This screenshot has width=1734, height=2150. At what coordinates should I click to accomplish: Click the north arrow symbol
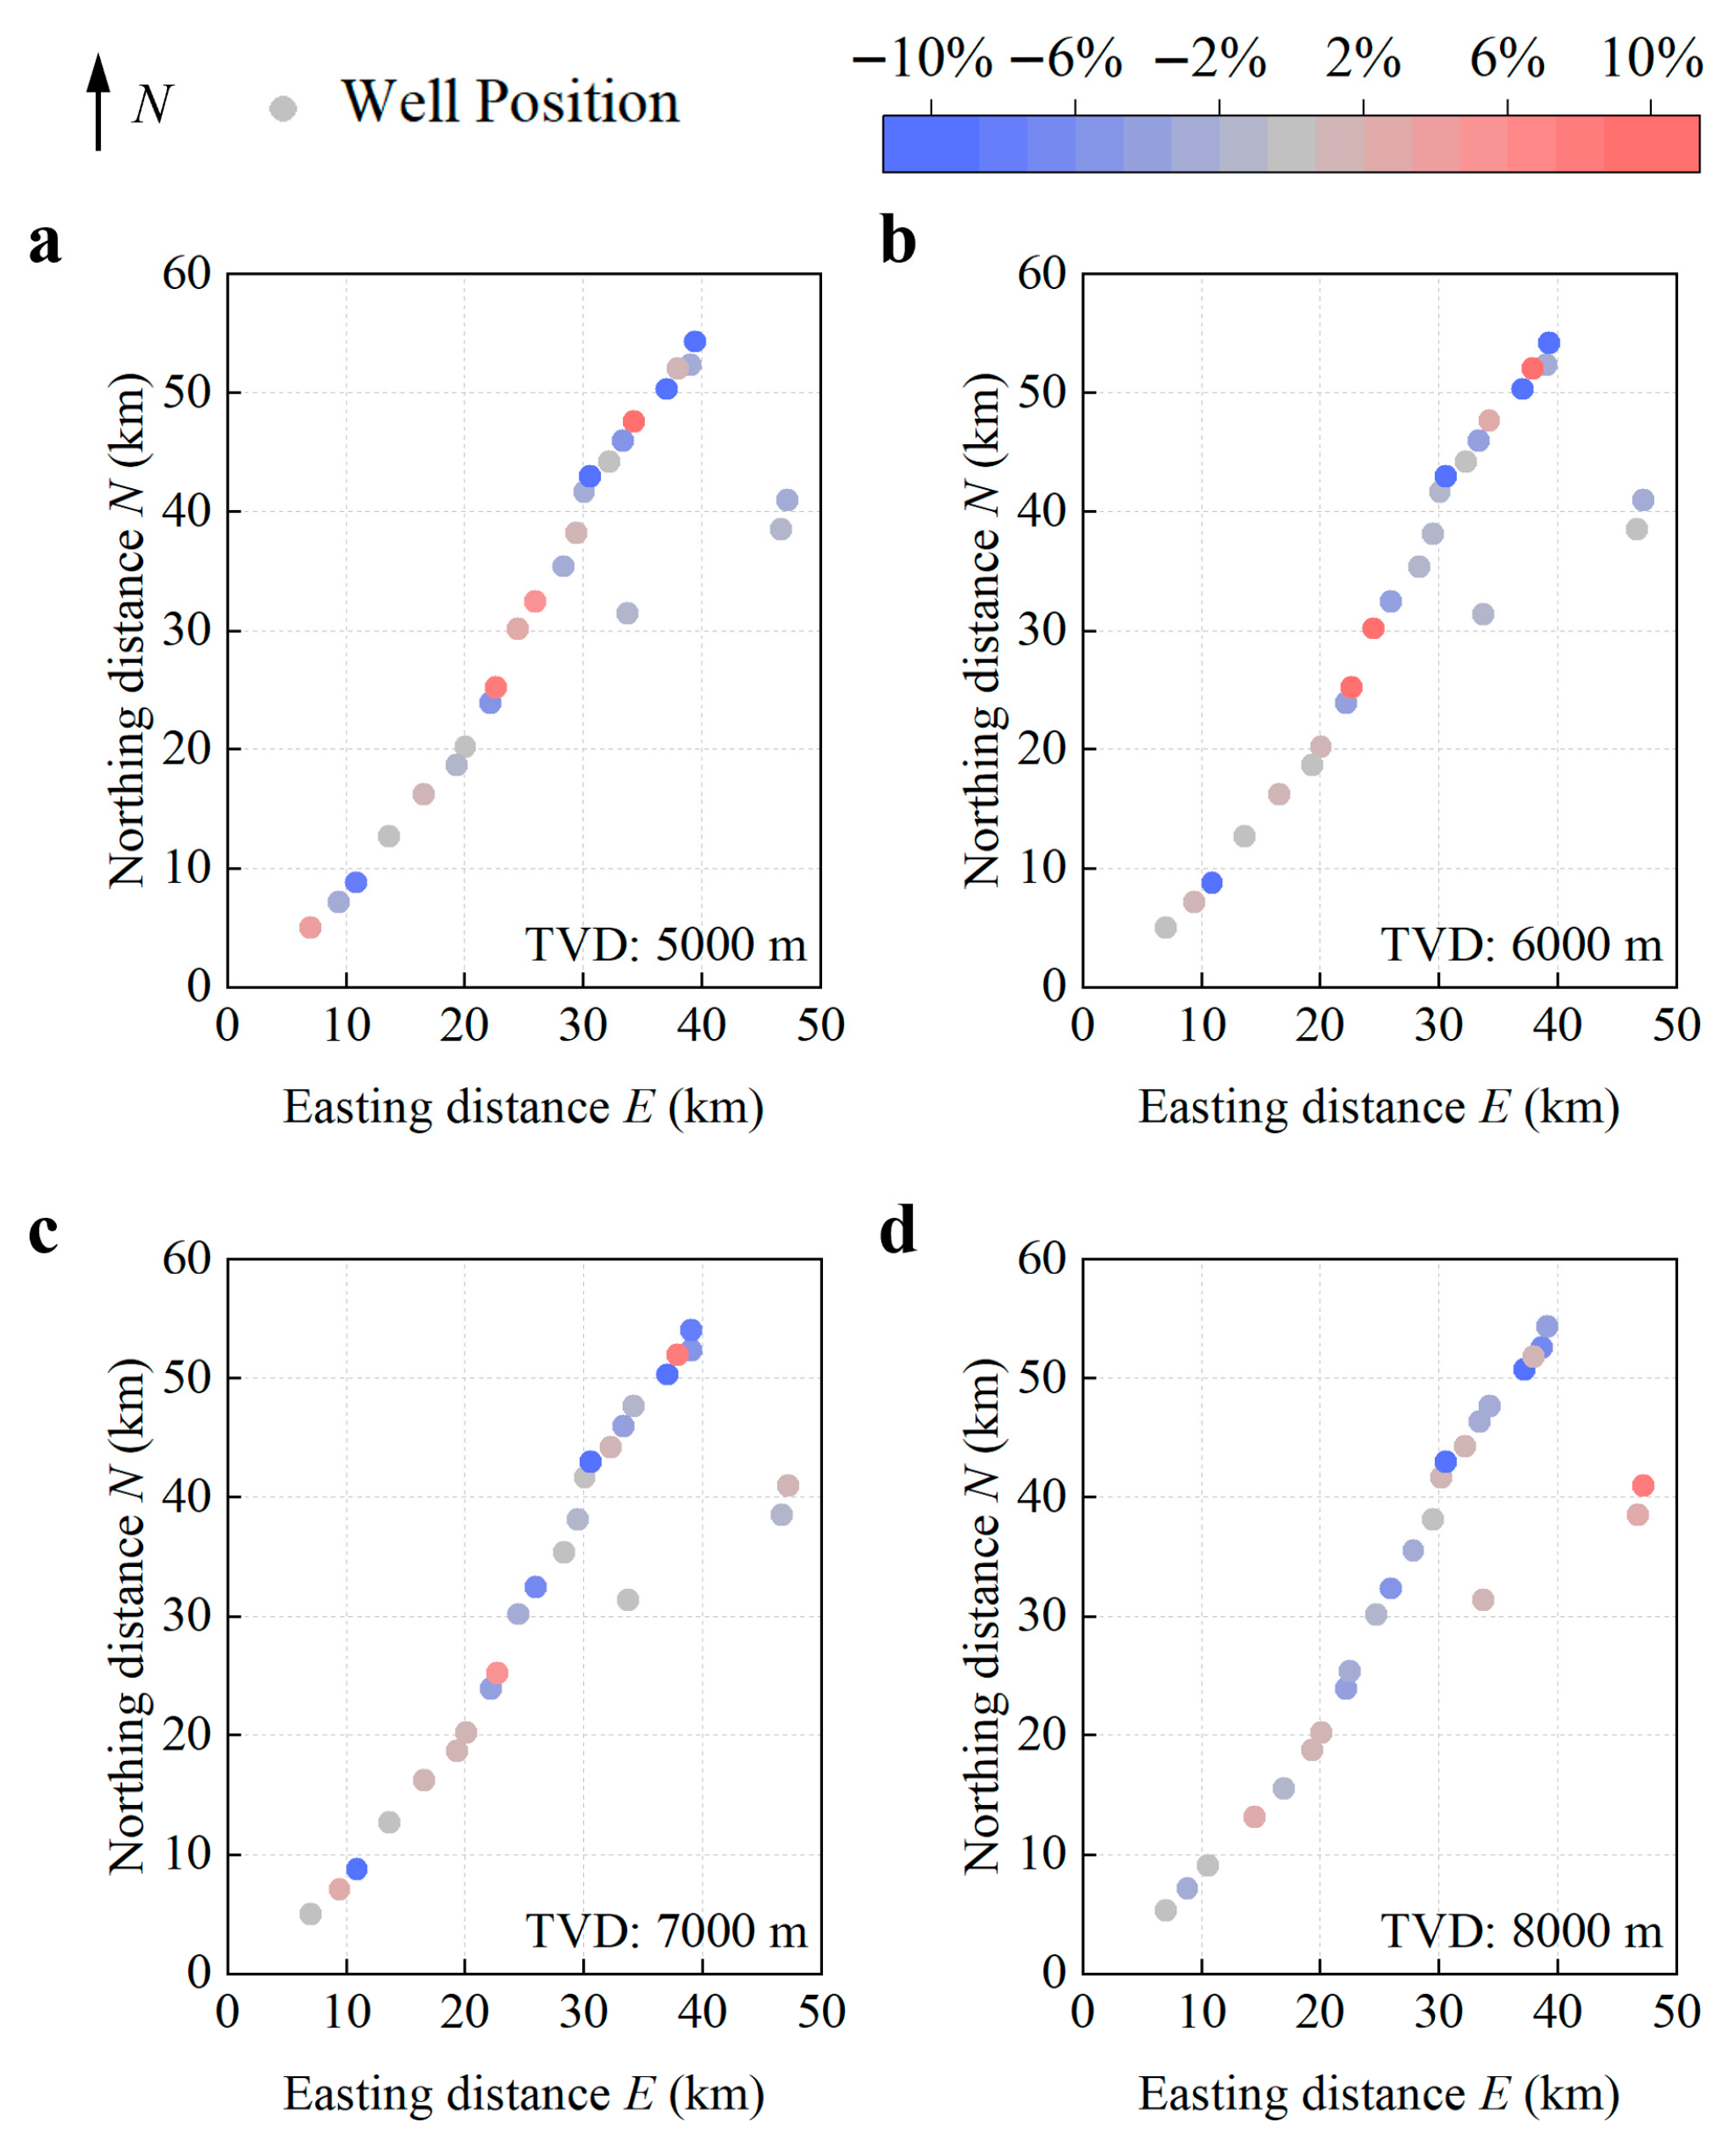(x=98, y=101)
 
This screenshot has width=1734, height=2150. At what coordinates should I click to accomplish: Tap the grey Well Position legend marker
(x=284, y=108)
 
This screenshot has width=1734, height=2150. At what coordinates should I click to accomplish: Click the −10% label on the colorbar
(x=922, y=59)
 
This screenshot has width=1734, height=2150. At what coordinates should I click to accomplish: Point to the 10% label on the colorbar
(x=1651, y=59)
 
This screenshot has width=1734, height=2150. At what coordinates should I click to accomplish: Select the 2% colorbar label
(x=1363, y=59)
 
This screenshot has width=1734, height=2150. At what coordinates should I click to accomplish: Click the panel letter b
(x=898, y=242)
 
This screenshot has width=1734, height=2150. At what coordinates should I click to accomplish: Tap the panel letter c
(x=43, y=1231)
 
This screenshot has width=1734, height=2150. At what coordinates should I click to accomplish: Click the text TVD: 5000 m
(x=665, y=945)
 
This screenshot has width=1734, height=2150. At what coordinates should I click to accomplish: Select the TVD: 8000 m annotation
(x=1521, y=1931)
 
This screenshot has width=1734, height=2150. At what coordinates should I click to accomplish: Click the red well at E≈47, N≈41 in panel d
(x=1643, y=1486)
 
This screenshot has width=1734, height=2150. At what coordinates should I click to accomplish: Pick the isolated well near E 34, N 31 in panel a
(x=627, y=614)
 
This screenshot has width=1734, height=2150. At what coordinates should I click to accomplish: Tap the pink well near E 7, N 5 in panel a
(x=311, y=928)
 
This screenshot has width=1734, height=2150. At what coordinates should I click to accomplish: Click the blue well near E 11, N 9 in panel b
(x=1212, y=883)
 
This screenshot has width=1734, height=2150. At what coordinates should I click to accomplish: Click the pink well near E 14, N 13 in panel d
(x=1254, y=1816)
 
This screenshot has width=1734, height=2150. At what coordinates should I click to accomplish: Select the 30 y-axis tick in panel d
(x=1042, y=1616)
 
